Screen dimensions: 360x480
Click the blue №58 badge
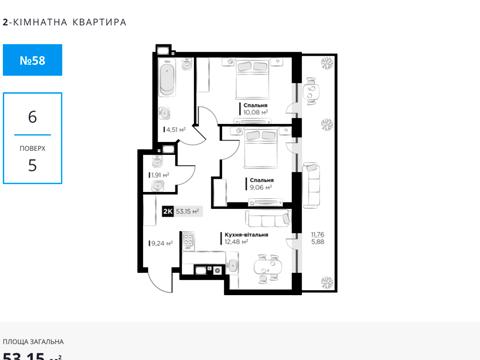[x=32, y=61]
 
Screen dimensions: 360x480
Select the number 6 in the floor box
[x=32, y=117]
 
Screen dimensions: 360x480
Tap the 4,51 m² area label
[x=175, y=128]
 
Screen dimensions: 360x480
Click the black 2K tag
[x=167, y=211]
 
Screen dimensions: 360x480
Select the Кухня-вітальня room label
[x=245, y=232]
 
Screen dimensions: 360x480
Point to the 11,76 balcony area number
[x=318, y=233]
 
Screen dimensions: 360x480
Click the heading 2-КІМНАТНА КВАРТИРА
[x=64, y=20]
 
